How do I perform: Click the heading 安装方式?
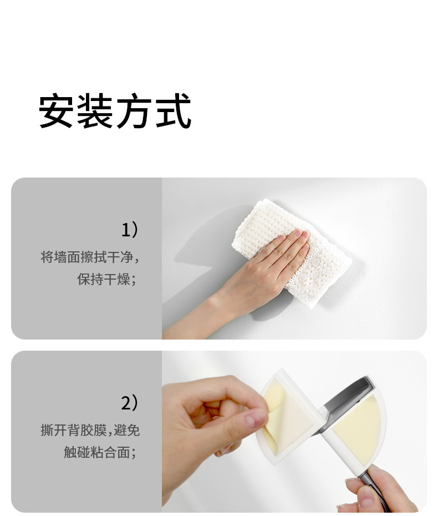point(115,110)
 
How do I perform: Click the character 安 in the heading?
point(55,110)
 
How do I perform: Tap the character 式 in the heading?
point(174,110)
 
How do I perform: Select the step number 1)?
point(130,230)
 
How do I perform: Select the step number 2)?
point(130,403)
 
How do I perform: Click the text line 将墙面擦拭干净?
point(90,257)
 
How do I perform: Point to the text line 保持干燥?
point(106,279)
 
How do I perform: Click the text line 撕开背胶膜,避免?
point(90,430)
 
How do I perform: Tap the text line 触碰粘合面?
point(100,452)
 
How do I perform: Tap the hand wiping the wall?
point(260,270)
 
